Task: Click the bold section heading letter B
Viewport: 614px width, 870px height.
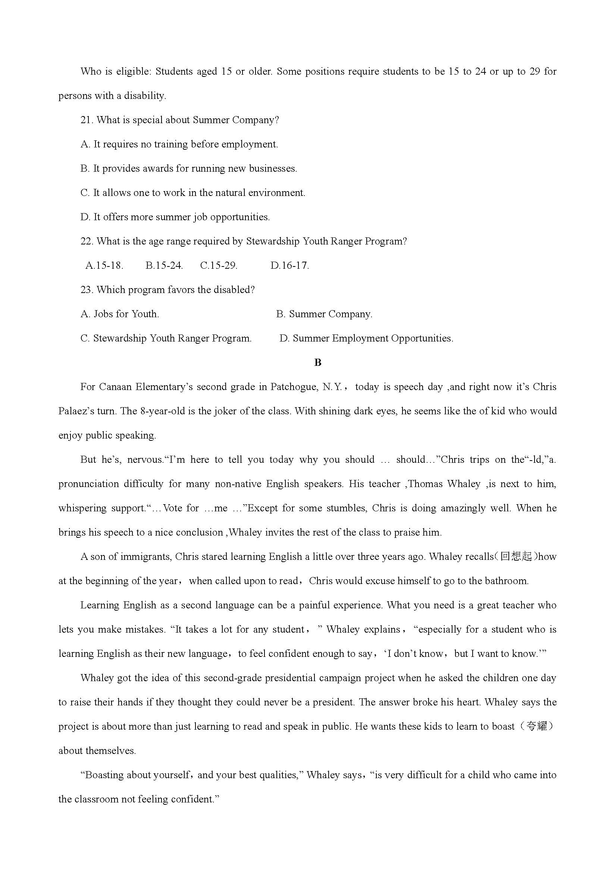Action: point(317,363)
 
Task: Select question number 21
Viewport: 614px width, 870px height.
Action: point(87,120)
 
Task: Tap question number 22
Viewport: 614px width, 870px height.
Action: point(87,241)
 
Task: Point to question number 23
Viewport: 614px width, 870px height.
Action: point(87,290)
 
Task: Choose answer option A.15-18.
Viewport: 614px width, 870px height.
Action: point(104,266)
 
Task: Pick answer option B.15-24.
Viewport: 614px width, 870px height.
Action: point(164,266)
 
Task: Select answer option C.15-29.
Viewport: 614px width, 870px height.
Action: point(219,266)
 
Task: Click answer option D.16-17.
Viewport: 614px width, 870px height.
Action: point(289,266)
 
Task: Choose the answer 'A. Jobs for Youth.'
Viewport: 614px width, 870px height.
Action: point(120,314)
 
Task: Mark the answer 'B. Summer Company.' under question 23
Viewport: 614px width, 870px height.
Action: point(324,314)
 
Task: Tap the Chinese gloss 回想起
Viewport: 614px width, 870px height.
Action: point(516,556)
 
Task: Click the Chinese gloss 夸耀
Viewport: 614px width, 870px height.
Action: point(537,726)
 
